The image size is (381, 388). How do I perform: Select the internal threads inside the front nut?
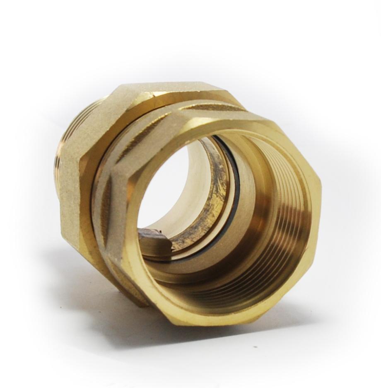tap(286, 216)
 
